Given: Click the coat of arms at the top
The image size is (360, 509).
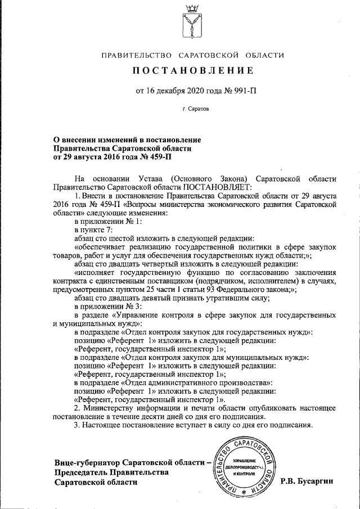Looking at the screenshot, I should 192,21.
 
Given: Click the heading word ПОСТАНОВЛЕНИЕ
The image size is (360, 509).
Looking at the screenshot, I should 192,71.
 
